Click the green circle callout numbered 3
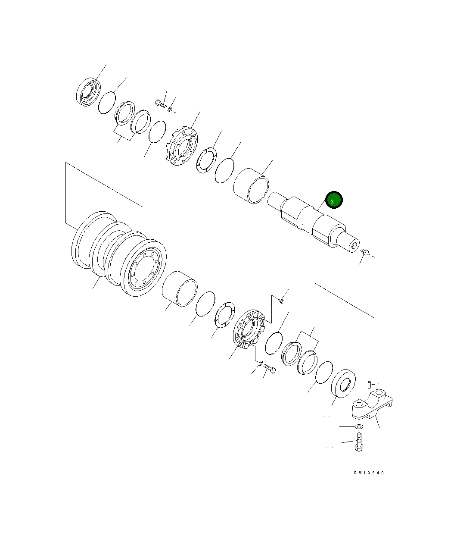(x=334, y=200)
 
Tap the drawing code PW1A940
(x=369, y=473)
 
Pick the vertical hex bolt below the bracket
(x=359, y=442)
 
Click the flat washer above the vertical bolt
(x=359, y=426)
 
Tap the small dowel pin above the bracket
(x=370, y=384)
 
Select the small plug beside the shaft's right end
(x=365, y=252)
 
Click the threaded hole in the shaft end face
(x=354, y=246)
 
